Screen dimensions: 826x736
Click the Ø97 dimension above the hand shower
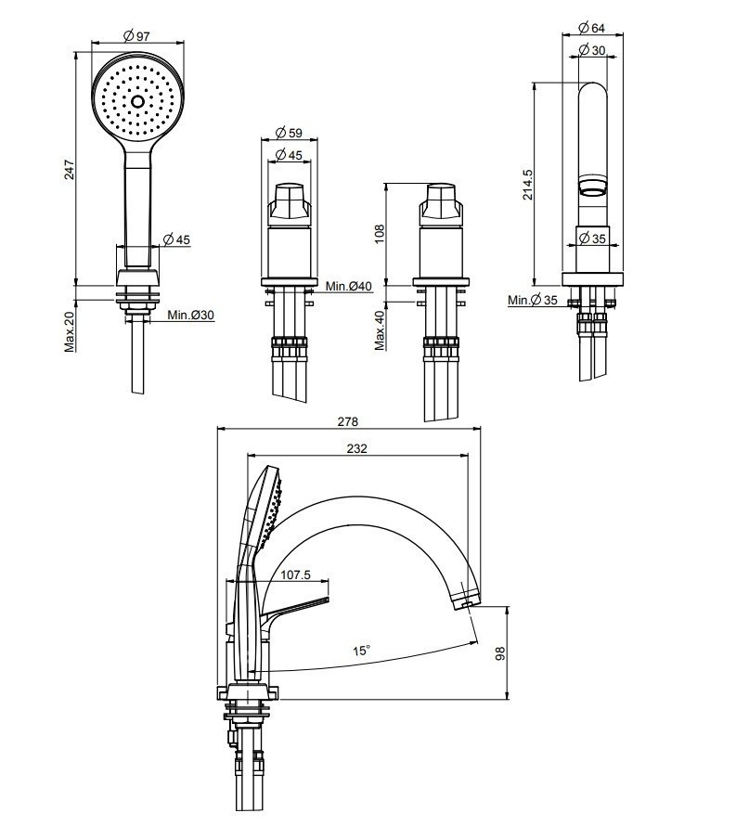[x=136, y=36]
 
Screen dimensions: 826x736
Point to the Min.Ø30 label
[x=190, y=316]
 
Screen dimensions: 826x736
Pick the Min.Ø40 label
[x=348, y=286]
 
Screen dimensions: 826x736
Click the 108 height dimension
[x=379, y=231]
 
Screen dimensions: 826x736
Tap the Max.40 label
[x=379, y=329]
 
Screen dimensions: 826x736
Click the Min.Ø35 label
[x=532, y=300]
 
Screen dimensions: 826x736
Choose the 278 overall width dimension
[x=347, y=421]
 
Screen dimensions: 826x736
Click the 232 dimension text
[x=356, y=448]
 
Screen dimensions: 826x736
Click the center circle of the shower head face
[x=137, y=101]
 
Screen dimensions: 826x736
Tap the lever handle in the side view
[x=297, y=609]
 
